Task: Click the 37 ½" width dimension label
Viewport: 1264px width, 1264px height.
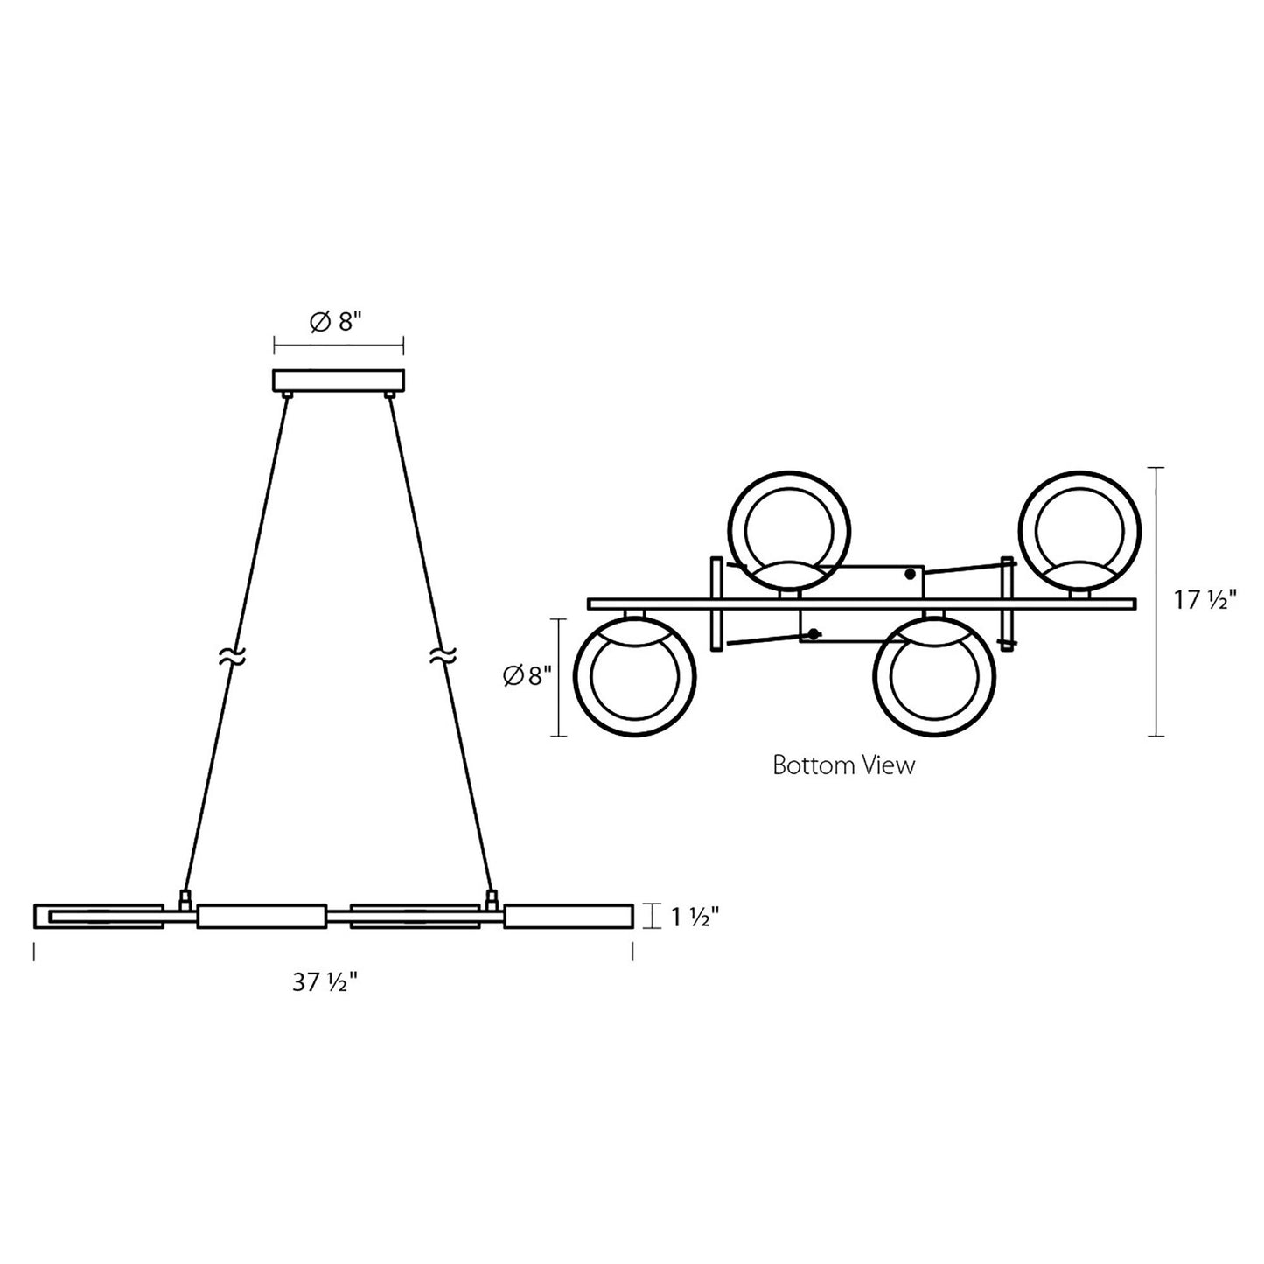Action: pos(325,983)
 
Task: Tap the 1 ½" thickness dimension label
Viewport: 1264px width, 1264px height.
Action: pos(695,917)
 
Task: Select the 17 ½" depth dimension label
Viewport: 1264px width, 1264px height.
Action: pos(1205,601)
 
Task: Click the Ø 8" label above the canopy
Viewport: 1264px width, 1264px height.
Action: pos(336,322)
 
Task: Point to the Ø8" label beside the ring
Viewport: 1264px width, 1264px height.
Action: pos(527,675)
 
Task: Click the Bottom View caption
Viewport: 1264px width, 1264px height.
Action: pos(843,765)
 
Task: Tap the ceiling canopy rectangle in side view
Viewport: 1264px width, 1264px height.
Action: pos(339,381)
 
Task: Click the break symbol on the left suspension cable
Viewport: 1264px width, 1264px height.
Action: pos(231,656)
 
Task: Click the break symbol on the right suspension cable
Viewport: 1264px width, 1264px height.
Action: pos(443,656)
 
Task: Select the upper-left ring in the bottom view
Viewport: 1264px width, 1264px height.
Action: pos(789,530)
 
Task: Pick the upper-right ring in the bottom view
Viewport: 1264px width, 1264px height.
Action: pos(1080,530)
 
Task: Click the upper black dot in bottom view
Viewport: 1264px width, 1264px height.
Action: pos(911,574)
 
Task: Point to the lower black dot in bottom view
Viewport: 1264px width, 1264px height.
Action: pos(815,633)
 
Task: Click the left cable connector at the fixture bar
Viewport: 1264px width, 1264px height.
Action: pos(185,897)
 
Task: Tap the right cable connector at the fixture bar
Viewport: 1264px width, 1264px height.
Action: pos(492,897)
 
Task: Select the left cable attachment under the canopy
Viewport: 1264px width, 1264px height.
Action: pos(287,396)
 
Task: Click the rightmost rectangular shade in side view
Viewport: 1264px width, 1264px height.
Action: pos(568,916)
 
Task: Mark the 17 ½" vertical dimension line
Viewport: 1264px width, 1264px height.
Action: pos(1159,601)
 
